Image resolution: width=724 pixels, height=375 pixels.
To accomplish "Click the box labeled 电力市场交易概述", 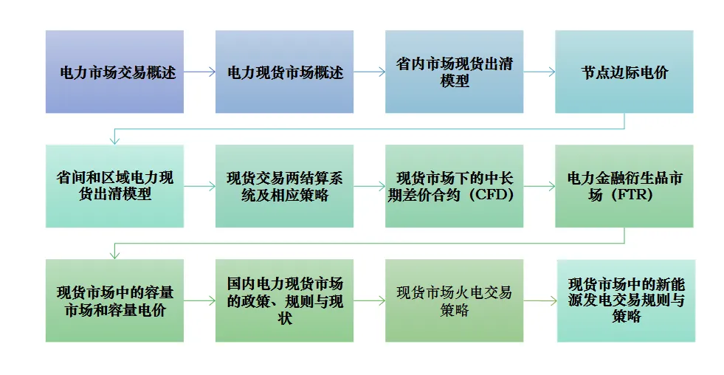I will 114,72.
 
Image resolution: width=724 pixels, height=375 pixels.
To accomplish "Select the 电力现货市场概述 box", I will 284,72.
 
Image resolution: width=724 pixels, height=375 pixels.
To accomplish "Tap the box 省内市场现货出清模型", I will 454,72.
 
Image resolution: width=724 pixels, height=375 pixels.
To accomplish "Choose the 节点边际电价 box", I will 624,72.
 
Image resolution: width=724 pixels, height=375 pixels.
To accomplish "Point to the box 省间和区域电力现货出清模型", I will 114,186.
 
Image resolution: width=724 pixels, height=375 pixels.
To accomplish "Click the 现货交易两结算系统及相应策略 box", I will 284,186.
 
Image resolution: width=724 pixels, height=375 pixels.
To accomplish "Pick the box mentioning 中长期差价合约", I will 454,186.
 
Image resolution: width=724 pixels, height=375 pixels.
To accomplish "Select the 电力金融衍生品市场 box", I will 624,186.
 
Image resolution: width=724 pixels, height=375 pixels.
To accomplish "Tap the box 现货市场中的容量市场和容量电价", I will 114,300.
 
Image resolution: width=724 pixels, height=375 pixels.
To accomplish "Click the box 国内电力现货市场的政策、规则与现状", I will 284,300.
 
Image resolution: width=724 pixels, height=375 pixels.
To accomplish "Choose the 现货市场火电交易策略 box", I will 454,300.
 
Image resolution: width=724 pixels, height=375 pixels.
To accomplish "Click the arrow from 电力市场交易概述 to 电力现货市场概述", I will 199,72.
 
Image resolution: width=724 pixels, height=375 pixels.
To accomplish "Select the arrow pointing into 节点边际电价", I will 539,72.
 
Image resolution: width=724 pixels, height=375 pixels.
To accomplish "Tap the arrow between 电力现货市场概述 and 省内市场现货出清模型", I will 369,72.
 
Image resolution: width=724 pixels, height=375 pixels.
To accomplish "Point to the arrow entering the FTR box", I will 539,186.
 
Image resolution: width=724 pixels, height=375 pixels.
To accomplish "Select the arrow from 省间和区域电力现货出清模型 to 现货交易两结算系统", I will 199,186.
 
